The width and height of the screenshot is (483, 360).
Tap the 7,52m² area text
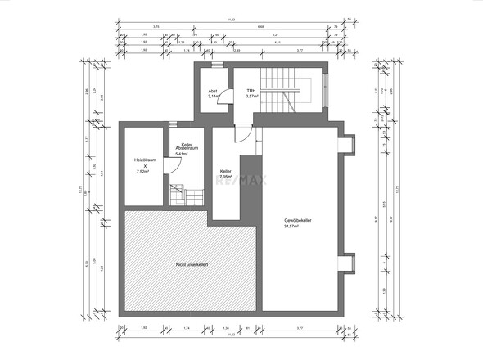[x=145, y=172]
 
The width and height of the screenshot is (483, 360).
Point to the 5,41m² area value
[x=182, y=153]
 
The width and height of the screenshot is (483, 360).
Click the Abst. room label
[x=212, y=90]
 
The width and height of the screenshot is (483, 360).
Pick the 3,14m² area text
[x=213, y=97]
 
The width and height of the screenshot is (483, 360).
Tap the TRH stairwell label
[x=252, y=90]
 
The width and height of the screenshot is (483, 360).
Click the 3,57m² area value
[x=252, y=97]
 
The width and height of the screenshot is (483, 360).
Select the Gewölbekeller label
[x=297, y=221]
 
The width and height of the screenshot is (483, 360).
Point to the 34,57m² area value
[x=292, y=227]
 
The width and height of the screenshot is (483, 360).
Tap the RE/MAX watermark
[x=237, y=182]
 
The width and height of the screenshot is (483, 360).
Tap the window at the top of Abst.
[x=215, y=64]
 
